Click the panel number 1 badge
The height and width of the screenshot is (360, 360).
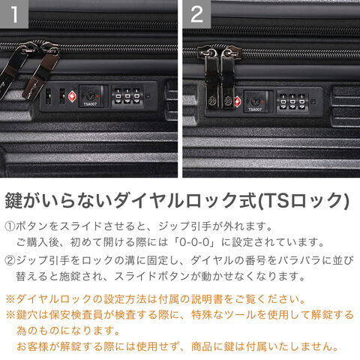(x=14, y=13)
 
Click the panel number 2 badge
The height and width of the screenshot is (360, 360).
(x=196, y=13)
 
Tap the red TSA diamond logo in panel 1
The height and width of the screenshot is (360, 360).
(x=72, y=97)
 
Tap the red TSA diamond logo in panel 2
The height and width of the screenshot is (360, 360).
(x=237, y=101)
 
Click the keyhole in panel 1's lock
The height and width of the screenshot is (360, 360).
(x=89, y=95)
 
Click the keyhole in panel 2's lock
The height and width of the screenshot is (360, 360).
(x=254, y=101)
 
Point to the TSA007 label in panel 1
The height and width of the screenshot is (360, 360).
(x=90, y=104)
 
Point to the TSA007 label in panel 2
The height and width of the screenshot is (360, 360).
(x=255, y=109)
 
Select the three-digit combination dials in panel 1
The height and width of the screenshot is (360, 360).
(x=127, y=97)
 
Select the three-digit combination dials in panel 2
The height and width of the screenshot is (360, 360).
(x=292, y=101)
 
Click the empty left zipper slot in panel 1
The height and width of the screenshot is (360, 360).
(x=49, y=96)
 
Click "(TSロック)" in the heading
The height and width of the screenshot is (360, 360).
(x=303, y=201)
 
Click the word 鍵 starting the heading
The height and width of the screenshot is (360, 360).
(x=14, y=200)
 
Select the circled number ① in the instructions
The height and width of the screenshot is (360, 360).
(x=10, y=226)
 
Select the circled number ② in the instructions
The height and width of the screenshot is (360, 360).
(x=10, y=260)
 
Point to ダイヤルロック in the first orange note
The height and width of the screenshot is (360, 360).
(x=54, y=299)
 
